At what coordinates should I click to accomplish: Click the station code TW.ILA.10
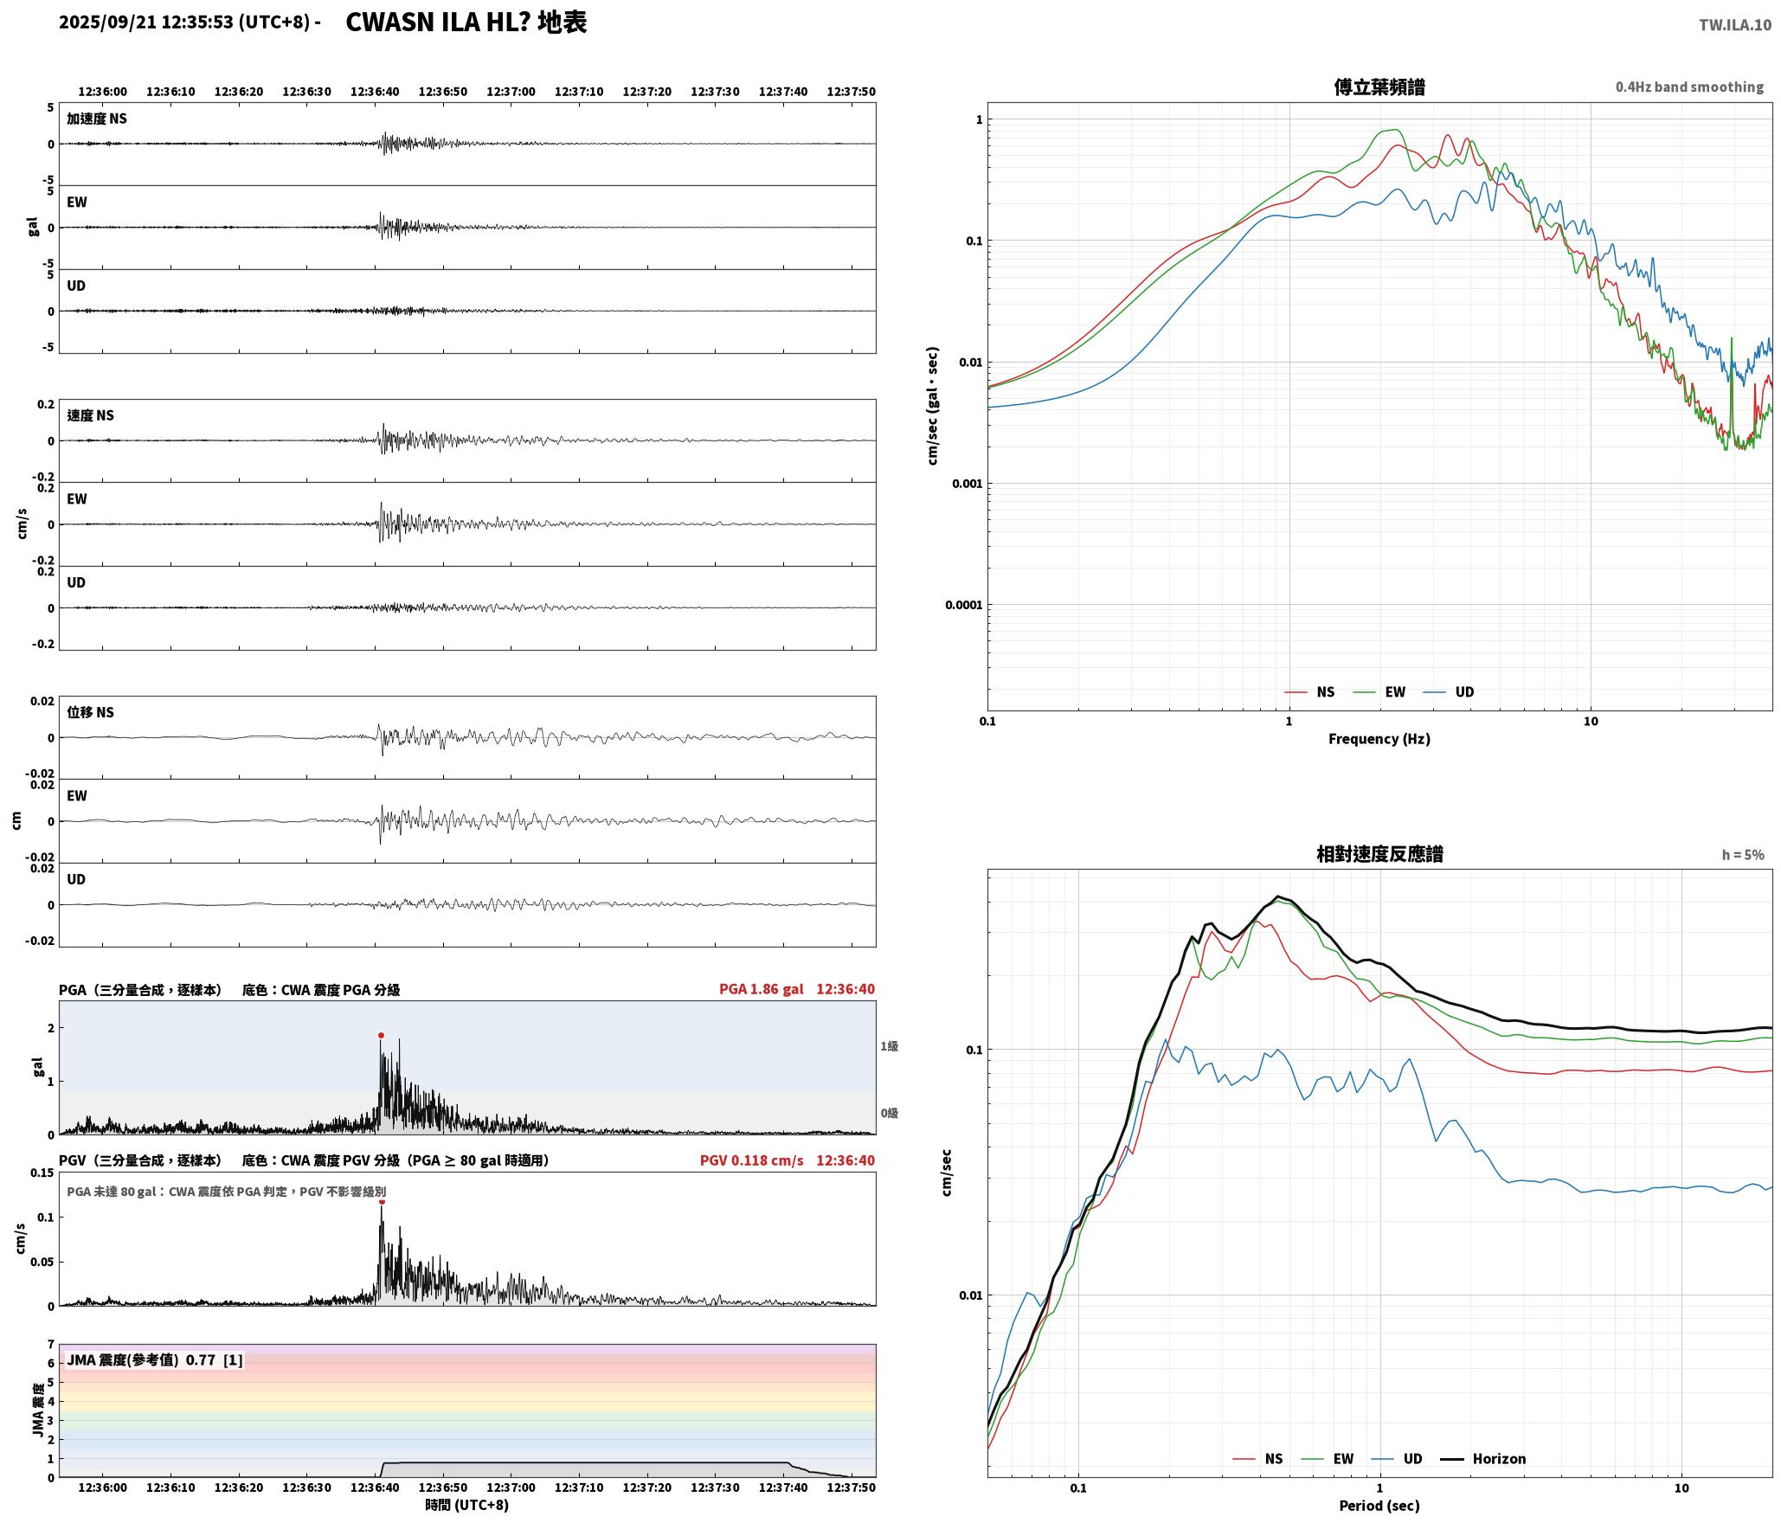tap(1734, 25)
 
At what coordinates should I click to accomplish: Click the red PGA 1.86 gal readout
tap(761, 989)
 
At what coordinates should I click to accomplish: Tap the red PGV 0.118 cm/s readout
tap(751, 1160)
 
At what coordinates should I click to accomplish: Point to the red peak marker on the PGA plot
tap(381, 1035)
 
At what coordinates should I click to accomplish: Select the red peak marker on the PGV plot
tap(382, 1202)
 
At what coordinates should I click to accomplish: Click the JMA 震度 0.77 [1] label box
tap(155, 1360)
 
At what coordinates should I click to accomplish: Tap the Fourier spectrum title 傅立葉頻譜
tap(1379, 87)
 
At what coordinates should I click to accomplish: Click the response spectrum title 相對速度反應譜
tap(1379, 854)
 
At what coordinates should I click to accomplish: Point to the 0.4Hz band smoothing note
tap(1689, 87)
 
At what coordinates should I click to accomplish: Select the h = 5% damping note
tap(1743, 855)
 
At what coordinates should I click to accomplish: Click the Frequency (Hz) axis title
tap(1379, 739)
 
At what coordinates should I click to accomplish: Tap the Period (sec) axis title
tap(1379, 1506)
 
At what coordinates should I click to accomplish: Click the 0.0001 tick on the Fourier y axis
tap(964, 605)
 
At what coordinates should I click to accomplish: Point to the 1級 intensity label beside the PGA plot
tap(889, 1046)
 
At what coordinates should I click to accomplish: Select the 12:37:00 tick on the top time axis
tap(511, 92)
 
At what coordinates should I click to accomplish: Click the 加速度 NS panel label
tap(97, 119)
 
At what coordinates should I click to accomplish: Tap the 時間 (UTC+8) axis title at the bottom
tap(466, 1506)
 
